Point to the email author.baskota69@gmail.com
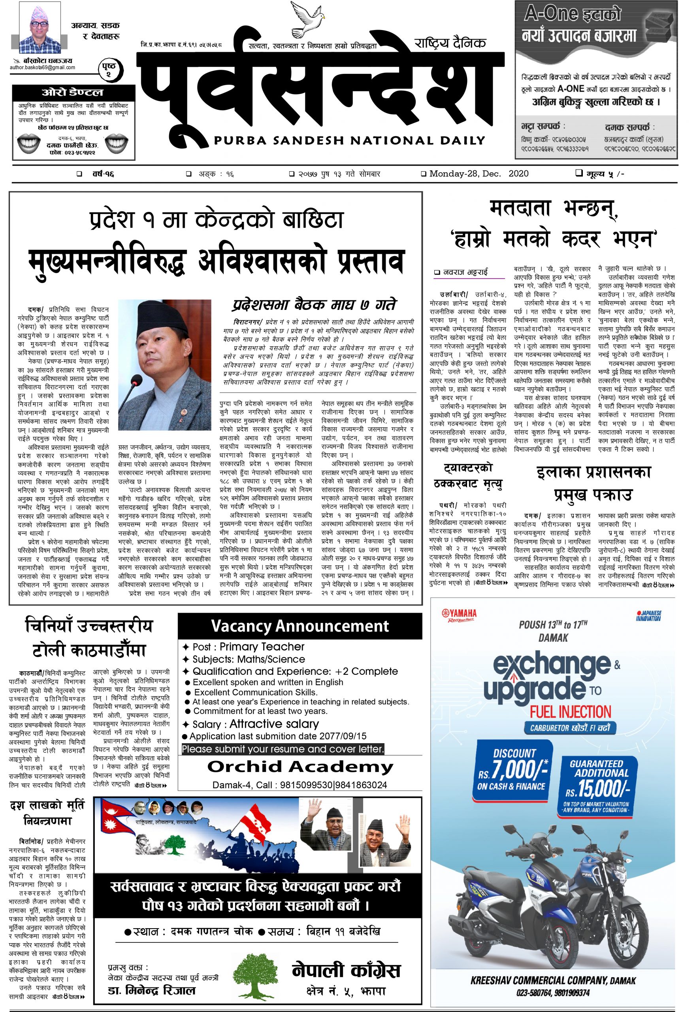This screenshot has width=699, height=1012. [x=43, y=68]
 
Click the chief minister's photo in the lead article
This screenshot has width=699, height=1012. [x=165, y=364]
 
